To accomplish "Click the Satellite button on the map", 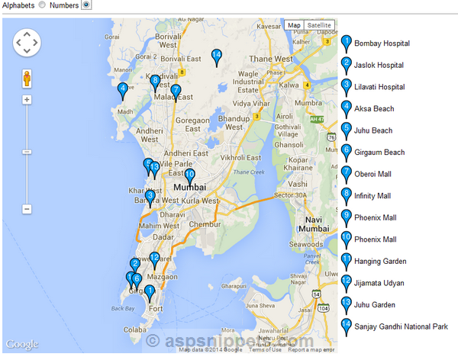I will (320, 25).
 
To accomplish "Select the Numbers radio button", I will (86, 5).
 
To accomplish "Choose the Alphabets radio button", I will (41, 5).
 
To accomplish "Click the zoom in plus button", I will (27, 99).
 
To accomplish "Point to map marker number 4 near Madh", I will (122, 90).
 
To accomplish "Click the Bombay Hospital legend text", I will (387, 43).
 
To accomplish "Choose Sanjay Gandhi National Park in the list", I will (401, 326).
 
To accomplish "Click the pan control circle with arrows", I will (27, 42).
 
